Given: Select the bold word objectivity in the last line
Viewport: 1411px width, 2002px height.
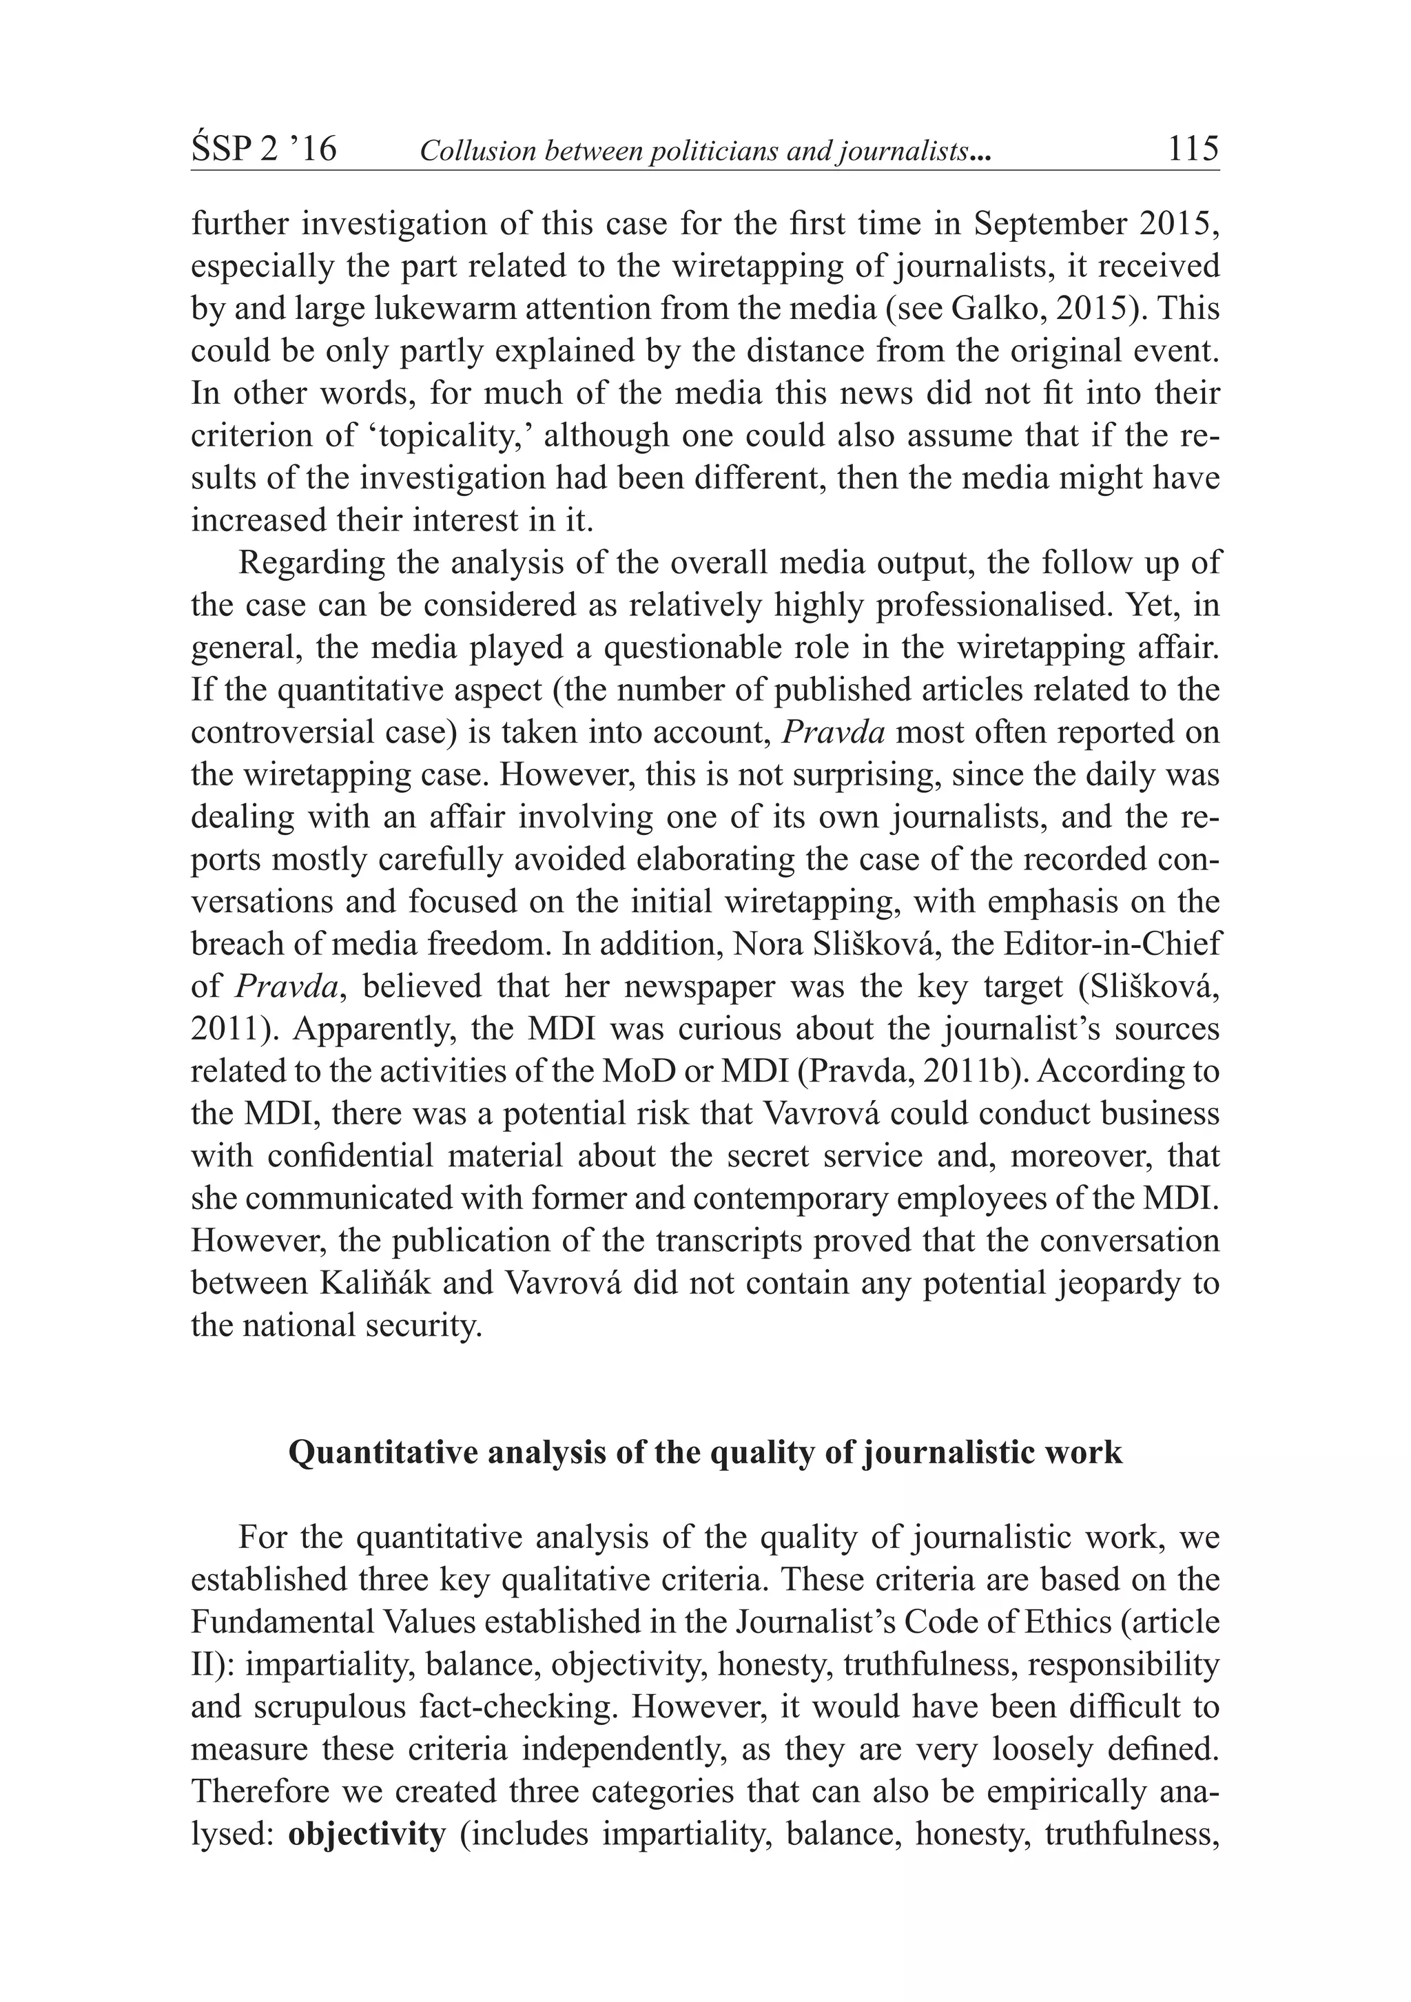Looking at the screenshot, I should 367,1835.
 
